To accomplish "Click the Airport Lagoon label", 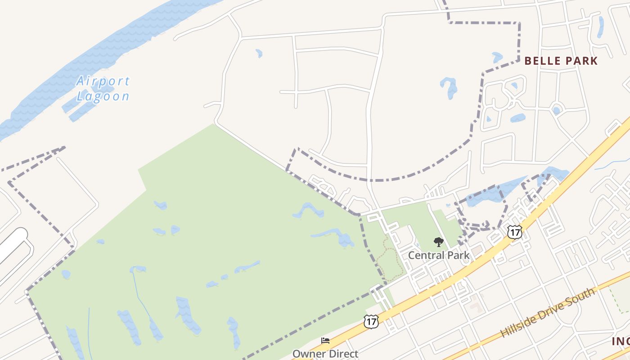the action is click(103, 89).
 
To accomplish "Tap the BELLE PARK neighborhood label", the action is click(561, 61).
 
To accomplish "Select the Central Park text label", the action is click(438, 256).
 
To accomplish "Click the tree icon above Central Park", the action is click(438, 243).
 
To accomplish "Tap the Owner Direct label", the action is click(325, 354).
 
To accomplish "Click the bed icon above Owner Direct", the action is click(325, 341).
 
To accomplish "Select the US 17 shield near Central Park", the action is click(515, 232).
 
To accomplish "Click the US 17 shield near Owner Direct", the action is click(371, 321).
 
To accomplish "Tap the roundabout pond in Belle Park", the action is click(557, 110).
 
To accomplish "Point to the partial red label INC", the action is click(621, 341).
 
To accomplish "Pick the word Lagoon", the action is click(103, 96).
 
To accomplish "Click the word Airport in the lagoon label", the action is click(103, 81).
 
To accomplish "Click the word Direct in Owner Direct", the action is click(342, 354).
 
